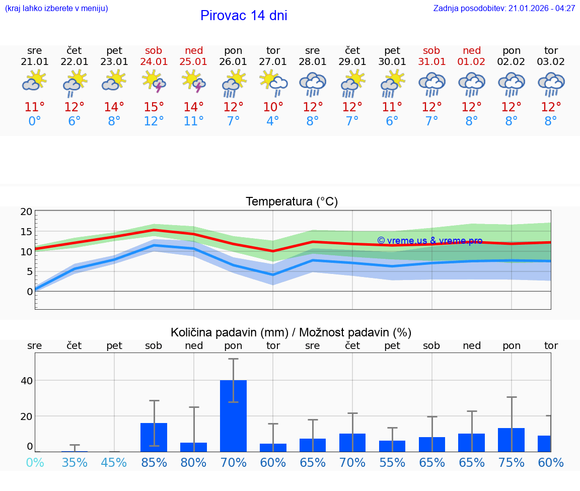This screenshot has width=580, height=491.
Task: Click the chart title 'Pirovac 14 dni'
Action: [244, 16]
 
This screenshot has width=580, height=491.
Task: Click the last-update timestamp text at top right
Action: [504, 9]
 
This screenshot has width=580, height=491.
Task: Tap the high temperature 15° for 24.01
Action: [154, 107]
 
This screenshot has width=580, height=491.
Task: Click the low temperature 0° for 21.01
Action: [35, 121]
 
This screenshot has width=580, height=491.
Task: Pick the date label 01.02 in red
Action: [472, 62]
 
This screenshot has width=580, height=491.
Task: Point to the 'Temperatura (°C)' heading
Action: [292, 202]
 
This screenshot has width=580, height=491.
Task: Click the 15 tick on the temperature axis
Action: [26, 232]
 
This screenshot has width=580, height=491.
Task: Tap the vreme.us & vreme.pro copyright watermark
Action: [429, 241]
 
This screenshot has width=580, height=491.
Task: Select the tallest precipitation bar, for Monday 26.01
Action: [234, 415]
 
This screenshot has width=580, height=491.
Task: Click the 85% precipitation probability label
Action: [154, 462]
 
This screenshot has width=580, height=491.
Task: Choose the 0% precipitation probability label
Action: [35, 462]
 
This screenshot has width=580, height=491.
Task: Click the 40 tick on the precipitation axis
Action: [26, 381]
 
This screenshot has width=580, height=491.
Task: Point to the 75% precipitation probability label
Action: [511, 462]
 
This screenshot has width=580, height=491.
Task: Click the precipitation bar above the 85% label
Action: [154, 437]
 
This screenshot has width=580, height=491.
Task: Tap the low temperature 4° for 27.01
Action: [273, 121]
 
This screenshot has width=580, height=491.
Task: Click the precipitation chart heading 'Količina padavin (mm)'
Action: [229, 332]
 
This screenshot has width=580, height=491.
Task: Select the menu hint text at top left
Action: [56, 9]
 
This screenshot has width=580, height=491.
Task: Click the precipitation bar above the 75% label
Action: [511, 440]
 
